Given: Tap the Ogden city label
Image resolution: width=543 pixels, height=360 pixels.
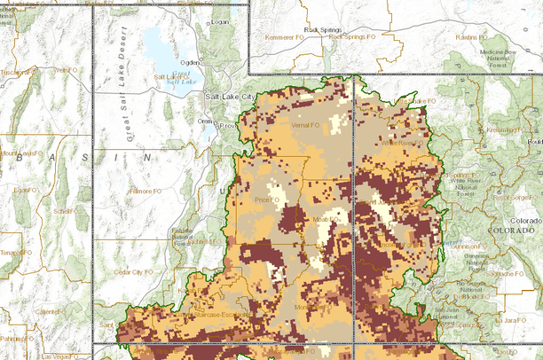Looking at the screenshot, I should click(190, 63).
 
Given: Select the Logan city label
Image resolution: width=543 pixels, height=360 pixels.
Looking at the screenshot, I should click(219, 21).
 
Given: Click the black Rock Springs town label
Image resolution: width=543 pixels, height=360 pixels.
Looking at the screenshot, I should click(323, 29).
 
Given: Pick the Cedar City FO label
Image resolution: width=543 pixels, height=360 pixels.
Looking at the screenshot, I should click(132, 272).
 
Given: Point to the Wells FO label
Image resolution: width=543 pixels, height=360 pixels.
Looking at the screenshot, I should click(63, 70).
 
